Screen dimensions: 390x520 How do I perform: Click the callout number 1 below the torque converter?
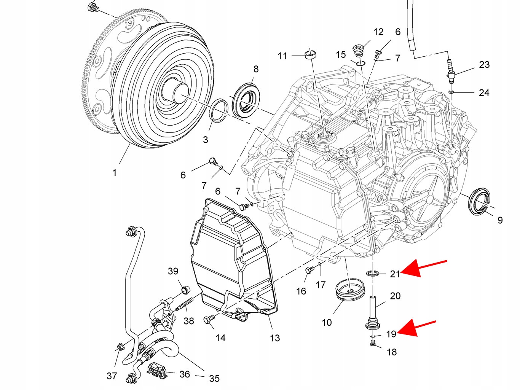coord(114,173)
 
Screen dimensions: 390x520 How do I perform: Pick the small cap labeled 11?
coord(311,54)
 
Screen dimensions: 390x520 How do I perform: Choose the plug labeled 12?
coord(358,49)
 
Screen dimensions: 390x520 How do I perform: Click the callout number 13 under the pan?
coord(275,338)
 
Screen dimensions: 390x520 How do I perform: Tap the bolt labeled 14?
coord(209,320)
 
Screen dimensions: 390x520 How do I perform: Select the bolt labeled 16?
coord(309,270)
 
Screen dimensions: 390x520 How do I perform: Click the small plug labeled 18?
coord(373,344)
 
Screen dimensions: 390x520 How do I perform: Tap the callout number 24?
coord(484,92)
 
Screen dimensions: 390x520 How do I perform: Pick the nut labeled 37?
coord(120,347)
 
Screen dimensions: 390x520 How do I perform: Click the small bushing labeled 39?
coord(185,290)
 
